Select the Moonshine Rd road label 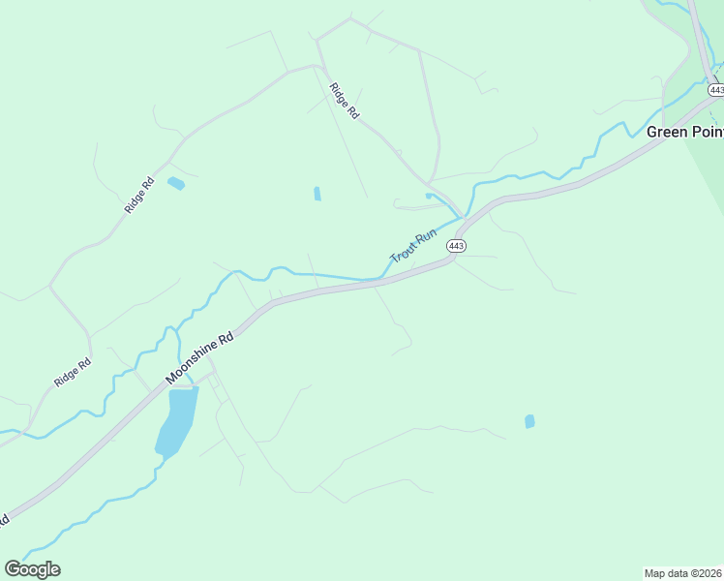click(200, 358)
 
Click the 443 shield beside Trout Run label click(457, 246)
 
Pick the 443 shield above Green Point click(715, 89)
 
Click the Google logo click(32, 569)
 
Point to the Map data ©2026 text click(683, 572)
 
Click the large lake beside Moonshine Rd click(175, 421)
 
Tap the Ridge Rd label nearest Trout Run click(344, 101)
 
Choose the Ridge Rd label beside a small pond click(139, 196)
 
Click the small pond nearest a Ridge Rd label click(175, 183)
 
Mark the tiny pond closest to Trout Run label click(428, 196)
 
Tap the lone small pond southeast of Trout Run click(529, 421)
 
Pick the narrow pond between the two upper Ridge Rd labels click(317, 194)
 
